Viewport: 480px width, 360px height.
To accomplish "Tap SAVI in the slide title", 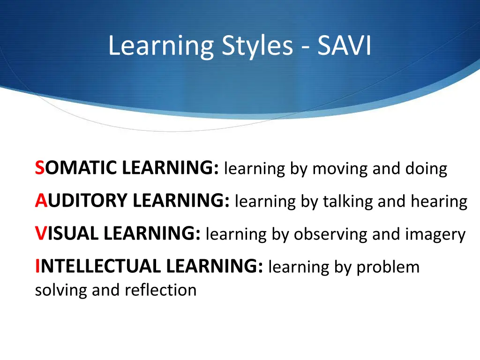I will [344, 46].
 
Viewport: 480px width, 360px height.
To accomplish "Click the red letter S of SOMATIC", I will [39, 168].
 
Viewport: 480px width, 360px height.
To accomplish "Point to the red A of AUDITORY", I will [40, 201].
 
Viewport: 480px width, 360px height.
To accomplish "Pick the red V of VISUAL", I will [40, 233].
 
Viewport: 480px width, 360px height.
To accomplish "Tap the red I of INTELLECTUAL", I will [37, 266].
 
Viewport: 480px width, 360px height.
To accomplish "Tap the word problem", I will [388, 267].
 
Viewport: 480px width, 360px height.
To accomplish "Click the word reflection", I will [160, 290].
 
